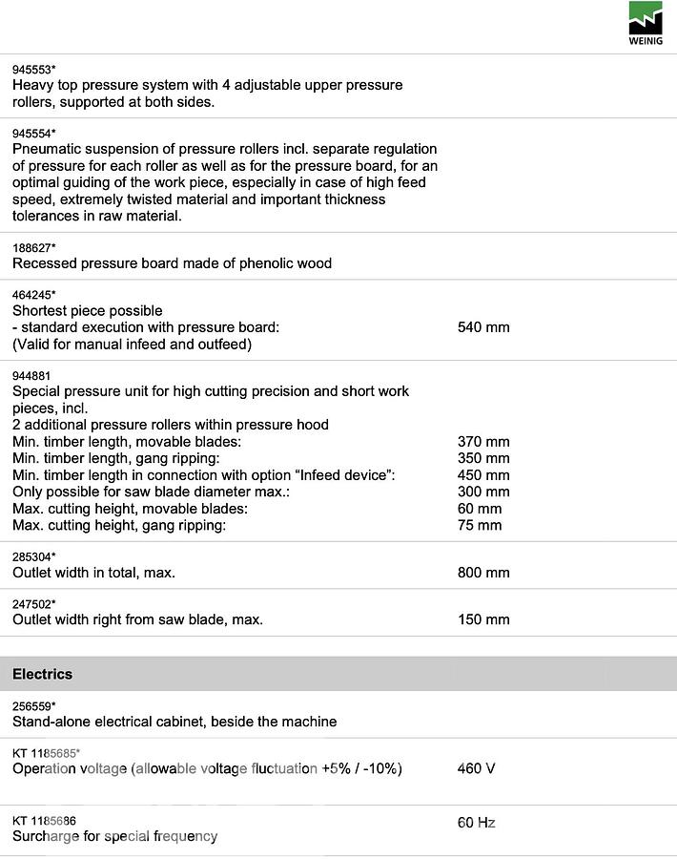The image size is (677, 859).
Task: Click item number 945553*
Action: [34, 70]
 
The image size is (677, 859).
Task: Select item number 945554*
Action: [34, 134]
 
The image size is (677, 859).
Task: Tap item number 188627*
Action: [34, 248]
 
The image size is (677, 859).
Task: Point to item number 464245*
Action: [34, 295]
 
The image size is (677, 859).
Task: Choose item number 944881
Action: [32, 375]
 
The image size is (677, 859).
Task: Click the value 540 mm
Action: [483, 327]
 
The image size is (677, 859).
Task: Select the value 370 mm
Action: [483, 442]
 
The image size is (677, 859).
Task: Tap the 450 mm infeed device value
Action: [483, 475]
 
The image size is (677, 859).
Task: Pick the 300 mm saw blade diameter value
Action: [483, 492]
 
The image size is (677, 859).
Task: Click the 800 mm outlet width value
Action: [483, 573]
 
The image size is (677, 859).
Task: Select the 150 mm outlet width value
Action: [483, 619]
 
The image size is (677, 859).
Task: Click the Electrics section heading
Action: [42, 674]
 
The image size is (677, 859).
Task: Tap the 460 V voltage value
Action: [477, 768]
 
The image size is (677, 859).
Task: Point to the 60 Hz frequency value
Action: [477, 823]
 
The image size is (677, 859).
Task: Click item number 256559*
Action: [34, 706]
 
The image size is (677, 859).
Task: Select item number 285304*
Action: [34, 556]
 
